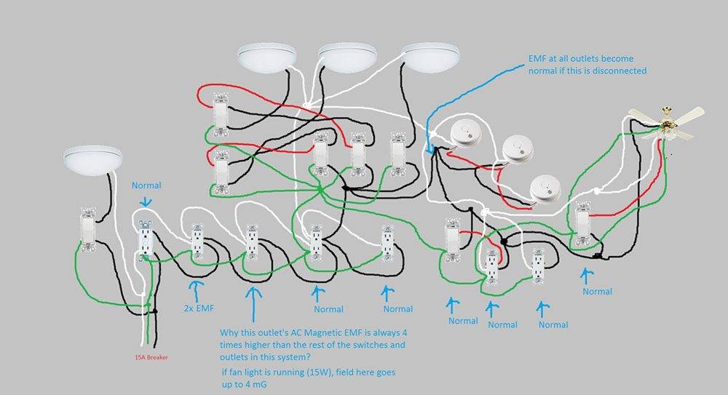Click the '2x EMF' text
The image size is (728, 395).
coord(198,308)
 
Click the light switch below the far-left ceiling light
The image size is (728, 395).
coord(87,229)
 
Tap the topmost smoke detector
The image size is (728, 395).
coord(463,135)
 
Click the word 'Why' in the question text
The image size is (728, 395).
coord(229,332)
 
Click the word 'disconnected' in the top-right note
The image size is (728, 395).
coord(620,71)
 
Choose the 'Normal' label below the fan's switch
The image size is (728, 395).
coord(598,291)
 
